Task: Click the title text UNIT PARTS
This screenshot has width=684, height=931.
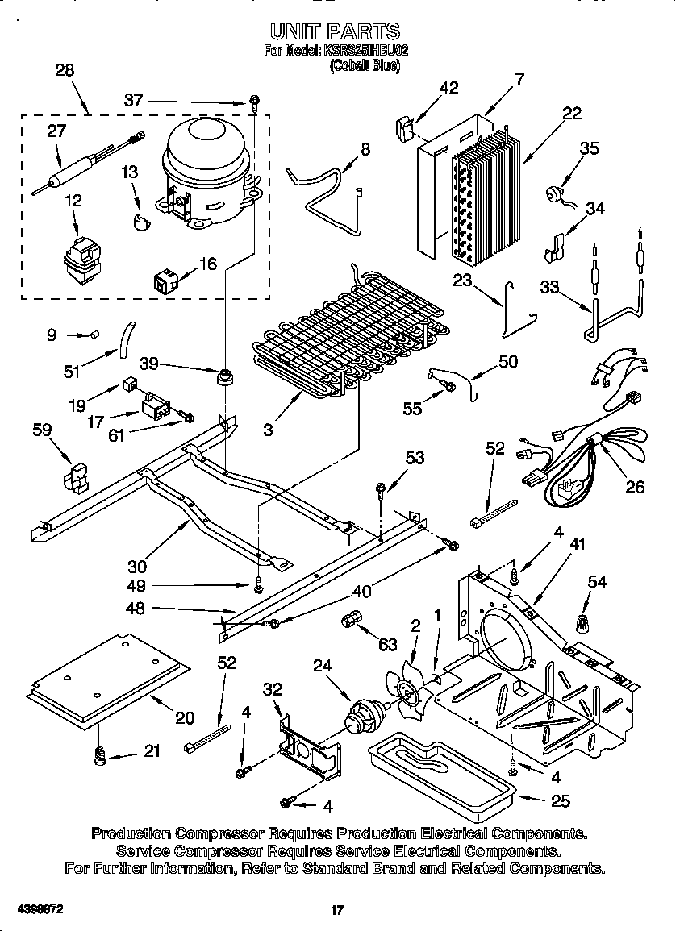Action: (x=334, y=31)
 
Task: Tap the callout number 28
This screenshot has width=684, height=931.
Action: (x=64, y=70)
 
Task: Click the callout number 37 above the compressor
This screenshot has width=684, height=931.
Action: (x=133, y=100)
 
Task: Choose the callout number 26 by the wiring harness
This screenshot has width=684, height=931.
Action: (x=635, y=488)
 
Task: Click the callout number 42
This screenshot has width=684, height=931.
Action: (x=448, y=88)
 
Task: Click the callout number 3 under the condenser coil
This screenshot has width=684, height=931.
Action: (x=268, y=430)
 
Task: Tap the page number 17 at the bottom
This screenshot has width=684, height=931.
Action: (x=337, y=910)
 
